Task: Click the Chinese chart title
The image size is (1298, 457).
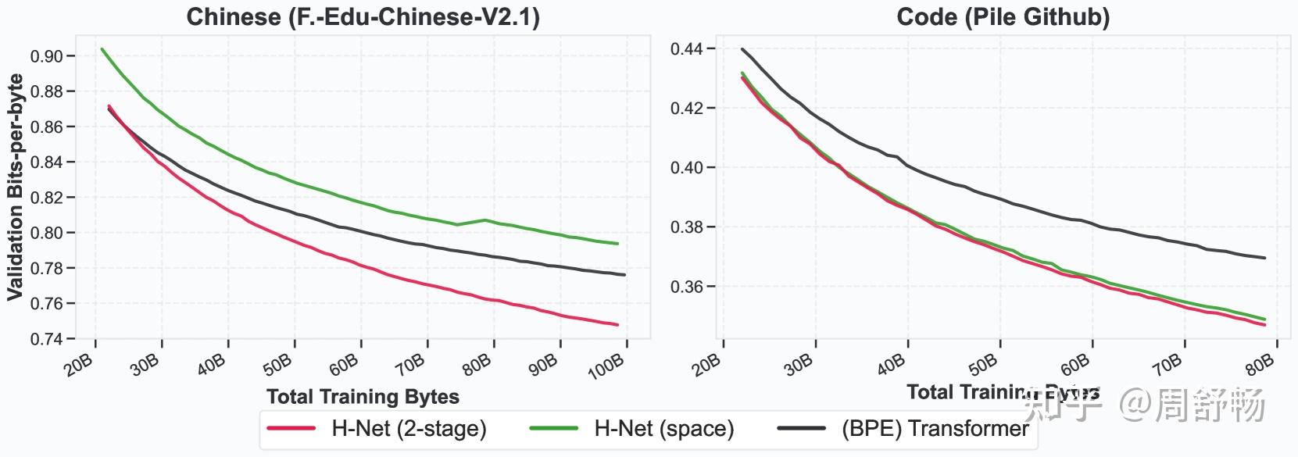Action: [363, 16]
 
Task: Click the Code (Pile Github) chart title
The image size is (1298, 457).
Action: [1003, 16]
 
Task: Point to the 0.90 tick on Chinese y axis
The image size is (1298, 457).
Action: [47, 56]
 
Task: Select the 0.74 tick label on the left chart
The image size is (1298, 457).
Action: [47, 339]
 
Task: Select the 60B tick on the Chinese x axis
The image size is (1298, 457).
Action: [344, 363]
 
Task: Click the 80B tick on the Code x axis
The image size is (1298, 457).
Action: [1259, 363]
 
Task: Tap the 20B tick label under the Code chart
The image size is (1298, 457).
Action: [706, 363]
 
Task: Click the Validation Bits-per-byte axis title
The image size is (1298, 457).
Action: [15, 187]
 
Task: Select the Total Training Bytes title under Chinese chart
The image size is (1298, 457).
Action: [363, 397]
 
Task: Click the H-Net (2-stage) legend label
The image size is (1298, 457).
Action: [409, 429]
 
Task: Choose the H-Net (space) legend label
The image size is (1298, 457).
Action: [664, 429]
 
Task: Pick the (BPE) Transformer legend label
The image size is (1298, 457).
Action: [935, 429]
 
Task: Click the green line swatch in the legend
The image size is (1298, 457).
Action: [553, 429]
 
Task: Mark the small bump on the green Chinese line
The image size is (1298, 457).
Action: [485, 220]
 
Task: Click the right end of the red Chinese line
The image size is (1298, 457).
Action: [617, 325]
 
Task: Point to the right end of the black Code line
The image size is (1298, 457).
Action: [1264, 258]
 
